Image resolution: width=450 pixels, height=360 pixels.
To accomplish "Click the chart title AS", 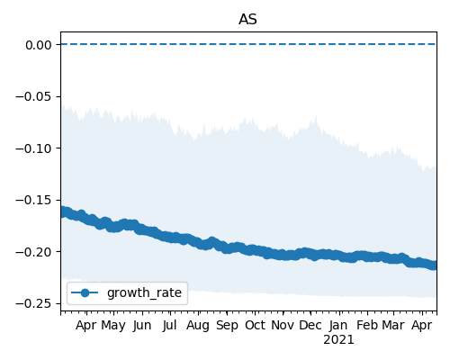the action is (247, 20).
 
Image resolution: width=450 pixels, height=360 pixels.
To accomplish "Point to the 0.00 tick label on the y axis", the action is (39, 45).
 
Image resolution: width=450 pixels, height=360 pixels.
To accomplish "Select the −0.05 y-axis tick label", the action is (34, 96).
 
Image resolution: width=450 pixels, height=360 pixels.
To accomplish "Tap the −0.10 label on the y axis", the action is (34, 148).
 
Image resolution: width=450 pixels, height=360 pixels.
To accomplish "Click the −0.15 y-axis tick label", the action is (34, 200).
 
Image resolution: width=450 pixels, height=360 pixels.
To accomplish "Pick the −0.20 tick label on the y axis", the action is (34, 252).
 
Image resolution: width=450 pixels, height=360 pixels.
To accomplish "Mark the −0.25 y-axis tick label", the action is (34, 304).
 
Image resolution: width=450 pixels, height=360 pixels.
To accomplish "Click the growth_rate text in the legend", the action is (144, 293).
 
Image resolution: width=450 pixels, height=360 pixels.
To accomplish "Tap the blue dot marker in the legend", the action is (85, 292).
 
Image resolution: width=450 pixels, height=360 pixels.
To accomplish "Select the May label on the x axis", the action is (113, 326).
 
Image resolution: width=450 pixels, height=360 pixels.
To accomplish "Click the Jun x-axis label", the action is (142, 325).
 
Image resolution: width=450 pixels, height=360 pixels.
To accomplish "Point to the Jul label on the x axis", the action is (169, 325).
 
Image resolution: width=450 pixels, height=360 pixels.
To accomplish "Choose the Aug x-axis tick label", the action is (198, 326).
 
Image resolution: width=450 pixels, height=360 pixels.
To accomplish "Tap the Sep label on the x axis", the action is (227, 326).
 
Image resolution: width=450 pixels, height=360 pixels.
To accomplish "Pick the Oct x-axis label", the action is (255, 325).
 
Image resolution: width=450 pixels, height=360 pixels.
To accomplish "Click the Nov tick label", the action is (283, 325).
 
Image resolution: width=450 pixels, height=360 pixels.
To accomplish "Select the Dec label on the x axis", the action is (310, 325).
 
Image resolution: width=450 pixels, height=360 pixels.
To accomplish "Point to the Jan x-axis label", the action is (338, 325).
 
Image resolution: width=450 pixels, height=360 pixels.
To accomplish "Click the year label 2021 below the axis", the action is (338, 340).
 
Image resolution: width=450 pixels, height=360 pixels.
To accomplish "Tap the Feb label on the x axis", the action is (367, 325).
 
